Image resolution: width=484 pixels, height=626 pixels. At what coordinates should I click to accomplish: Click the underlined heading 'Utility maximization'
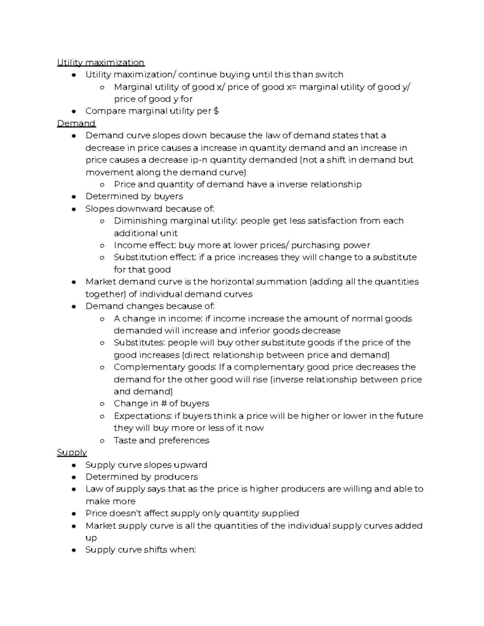[x=100, y=62]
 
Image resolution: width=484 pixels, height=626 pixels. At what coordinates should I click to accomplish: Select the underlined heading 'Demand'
[x=76, y=123]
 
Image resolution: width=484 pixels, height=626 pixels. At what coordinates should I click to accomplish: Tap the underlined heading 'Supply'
[x=72, y=452]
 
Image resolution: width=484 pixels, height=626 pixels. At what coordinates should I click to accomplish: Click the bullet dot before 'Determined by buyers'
[x=73, y=197]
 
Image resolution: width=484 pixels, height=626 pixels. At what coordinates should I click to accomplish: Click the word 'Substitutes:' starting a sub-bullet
[x=139, y=343]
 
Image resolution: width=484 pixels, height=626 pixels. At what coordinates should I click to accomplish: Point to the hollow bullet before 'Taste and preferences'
[x=102, y=441]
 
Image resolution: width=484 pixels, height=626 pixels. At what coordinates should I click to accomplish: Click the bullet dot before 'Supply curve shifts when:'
[x=73, y=550]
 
